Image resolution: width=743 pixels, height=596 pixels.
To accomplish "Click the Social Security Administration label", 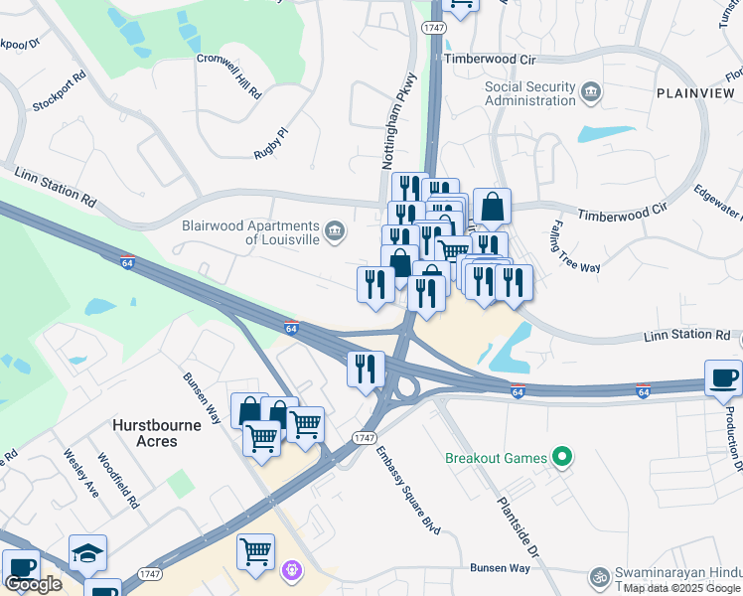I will [x=529, y=93].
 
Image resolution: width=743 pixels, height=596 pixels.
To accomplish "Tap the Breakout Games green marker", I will [x=564, y=458].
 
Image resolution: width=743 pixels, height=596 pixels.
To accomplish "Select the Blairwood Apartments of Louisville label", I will [x=252, y=232].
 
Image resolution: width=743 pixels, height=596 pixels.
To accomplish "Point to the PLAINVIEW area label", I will [x=695, y=92].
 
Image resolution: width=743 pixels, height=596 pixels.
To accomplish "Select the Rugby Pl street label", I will [x=270, y=142].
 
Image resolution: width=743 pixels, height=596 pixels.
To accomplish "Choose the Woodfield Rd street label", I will [x=118, y=481].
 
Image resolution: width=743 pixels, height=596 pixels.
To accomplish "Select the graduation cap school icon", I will [x=87, y=553].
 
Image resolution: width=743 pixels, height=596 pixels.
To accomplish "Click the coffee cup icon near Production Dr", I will [x=723, y=377].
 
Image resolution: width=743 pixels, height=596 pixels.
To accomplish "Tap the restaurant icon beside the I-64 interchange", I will [x=366, y=369].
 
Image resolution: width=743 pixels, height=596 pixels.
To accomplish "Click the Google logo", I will [x=33, y=584].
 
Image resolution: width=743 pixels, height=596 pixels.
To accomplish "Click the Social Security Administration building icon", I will [x=592, y=93].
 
